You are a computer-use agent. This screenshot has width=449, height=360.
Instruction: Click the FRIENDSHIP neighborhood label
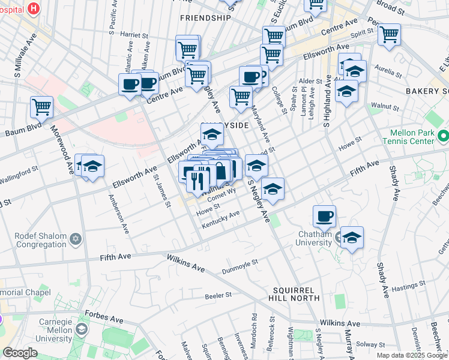[205, 18]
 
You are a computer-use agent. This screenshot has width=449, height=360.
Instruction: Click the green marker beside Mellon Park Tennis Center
[443, 136]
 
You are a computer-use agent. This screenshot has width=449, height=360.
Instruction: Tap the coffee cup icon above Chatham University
[324, 216]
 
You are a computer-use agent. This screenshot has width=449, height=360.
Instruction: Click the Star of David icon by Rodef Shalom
[75, 240]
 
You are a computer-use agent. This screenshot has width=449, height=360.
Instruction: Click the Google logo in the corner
[20, 353]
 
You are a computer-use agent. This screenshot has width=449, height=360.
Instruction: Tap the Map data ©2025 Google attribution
[412, 355]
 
